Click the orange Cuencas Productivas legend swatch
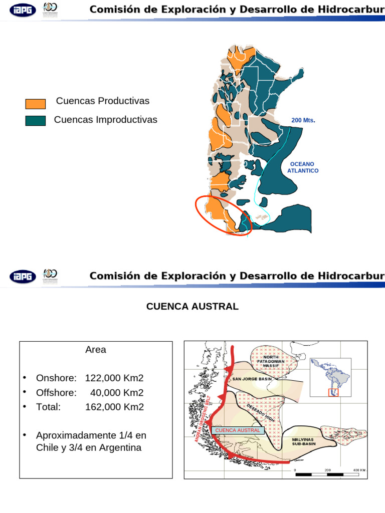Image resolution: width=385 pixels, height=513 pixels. click(x=35, y=104)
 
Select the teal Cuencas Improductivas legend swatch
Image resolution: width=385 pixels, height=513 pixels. click(x=35, y=121)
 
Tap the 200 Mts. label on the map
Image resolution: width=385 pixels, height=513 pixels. click(x=303, y=121)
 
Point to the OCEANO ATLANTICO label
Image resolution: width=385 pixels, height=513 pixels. click(x=303, y=167)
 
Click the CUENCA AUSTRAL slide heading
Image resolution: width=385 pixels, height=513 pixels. click(x=192, y=306)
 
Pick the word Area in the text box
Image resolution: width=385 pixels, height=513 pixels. click(x=95, y=350)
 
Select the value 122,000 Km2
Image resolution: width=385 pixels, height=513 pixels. click(x=114, y=378)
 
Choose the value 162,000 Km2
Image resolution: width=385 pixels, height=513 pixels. click(x=114, y=407)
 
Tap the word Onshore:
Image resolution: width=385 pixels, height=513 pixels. click(x=56, y=378)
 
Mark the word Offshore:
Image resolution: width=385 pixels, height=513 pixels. click(x=56, y=392)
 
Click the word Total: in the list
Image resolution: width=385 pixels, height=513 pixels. click(x=48, y=407)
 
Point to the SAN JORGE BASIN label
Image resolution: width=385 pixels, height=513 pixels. click(x=252, y=379)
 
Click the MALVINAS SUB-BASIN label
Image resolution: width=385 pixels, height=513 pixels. click(x=304, y=441)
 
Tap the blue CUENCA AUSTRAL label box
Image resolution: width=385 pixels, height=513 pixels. click(x=238, y=430)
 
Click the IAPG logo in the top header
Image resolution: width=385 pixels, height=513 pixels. click(x=23, y=10)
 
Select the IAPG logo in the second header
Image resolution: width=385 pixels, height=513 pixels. click(x=23, y=277)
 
